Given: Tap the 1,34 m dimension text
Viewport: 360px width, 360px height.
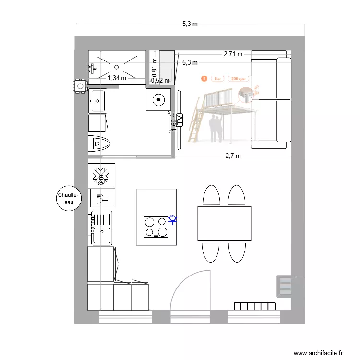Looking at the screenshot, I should point(117,78).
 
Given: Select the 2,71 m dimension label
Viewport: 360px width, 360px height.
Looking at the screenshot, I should point(233,54).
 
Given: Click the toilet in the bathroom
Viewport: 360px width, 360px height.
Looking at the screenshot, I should point(99,144).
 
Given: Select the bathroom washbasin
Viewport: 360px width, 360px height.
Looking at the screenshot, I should point(98,101).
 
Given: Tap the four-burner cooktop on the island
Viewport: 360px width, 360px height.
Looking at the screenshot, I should point(156,227).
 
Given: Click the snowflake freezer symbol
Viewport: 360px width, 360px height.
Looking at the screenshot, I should point(101,175).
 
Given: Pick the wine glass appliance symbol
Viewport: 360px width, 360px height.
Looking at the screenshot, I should point(101,198).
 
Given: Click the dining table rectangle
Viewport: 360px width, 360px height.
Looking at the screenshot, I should point(224,224).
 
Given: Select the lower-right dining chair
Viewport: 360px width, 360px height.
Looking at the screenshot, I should point(237,252).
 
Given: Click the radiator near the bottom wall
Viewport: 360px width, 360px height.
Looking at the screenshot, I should point(255,306).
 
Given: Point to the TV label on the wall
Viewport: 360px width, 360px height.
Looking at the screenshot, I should point(180,118).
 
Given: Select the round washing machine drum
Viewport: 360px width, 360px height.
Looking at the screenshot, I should point(157,100).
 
